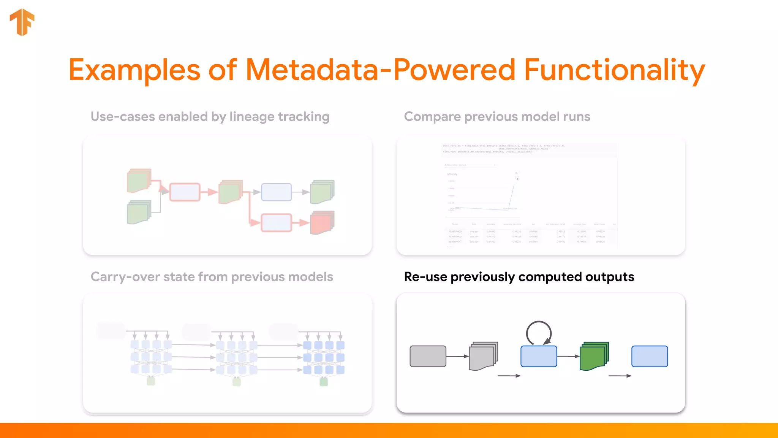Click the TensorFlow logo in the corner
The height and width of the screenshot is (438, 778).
coord(22,22)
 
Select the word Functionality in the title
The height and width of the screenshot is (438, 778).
coord(614,70)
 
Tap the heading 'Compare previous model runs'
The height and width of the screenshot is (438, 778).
coord(497,116)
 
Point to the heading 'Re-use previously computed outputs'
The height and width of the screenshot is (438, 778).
coord(519,277)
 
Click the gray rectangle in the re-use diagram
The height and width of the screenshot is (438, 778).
coord(428,356)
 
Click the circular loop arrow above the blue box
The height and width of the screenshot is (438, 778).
coord(538,332)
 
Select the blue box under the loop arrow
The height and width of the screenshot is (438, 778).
coord(538,356)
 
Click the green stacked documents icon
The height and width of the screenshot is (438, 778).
coord(594,356)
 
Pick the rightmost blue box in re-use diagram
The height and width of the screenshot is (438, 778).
coord(649,356)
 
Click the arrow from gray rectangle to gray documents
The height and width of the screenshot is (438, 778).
coord(457,356)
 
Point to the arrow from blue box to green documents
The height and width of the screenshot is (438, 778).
coord(568,356)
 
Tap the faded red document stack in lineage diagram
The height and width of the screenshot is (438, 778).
coord(322,222)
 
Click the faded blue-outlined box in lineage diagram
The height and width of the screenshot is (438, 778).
coord(276,192)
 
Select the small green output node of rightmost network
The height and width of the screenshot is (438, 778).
coord(324,382)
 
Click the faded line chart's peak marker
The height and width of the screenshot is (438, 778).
coord(517,178)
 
